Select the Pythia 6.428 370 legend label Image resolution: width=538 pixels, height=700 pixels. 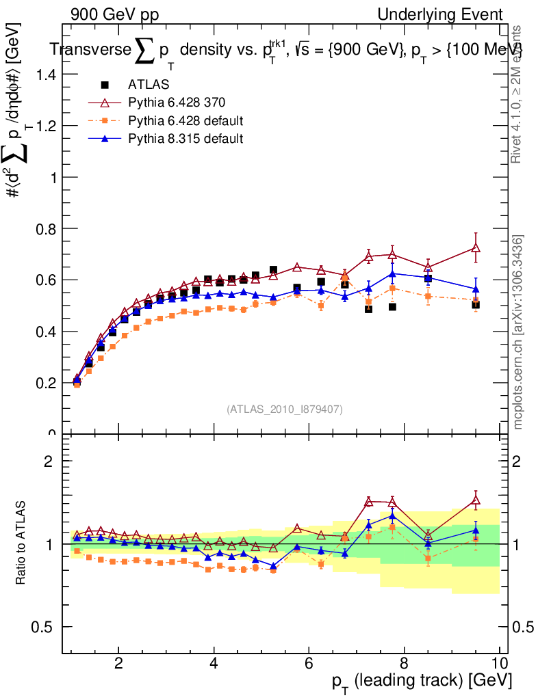177,103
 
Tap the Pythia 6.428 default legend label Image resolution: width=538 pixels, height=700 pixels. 186,121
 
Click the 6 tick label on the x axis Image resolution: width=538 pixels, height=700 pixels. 309,663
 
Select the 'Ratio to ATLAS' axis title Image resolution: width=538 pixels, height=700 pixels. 22,542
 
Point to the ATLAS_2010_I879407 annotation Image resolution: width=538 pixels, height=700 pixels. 285,409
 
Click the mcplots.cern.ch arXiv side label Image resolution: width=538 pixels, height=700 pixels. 519,333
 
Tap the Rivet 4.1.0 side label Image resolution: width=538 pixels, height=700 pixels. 519,94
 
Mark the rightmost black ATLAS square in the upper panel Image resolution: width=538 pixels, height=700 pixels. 476,305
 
